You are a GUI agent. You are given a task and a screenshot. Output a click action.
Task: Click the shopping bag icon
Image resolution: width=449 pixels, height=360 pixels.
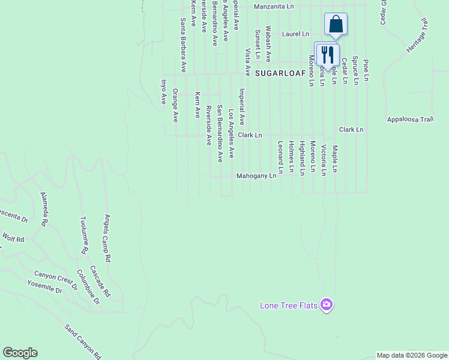(336, 25)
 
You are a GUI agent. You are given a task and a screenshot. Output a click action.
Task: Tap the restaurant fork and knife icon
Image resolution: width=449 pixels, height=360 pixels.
(327, 55)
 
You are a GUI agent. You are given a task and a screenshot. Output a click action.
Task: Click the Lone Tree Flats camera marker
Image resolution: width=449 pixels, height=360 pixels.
(327, 305)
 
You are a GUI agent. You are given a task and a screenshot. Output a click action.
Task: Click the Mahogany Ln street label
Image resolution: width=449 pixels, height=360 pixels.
(256, 176)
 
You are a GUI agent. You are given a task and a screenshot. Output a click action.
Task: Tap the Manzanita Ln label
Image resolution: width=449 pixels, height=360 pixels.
(274, 7)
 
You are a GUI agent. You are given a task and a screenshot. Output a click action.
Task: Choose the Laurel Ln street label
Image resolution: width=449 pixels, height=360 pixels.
(295, 34)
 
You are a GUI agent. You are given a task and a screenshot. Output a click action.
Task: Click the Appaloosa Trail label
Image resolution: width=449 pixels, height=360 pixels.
(410, 119)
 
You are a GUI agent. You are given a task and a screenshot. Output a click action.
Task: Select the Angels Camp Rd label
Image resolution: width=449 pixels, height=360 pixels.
(108, 239)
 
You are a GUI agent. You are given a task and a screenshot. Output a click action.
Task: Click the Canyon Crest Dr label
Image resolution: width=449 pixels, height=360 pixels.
(56, 279)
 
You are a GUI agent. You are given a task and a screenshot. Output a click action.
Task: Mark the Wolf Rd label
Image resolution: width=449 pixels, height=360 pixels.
(13, 238)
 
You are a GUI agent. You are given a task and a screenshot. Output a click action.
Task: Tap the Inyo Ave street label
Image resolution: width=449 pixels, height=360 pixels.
(163, 92)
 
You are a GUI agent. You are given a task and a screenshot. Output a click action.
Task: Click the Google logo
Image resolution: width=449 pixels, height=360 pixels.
(20, 353)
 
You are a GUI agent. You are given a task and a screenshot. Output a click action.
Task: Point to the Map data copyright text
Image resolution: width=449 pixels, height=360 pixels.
(412, 355)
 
